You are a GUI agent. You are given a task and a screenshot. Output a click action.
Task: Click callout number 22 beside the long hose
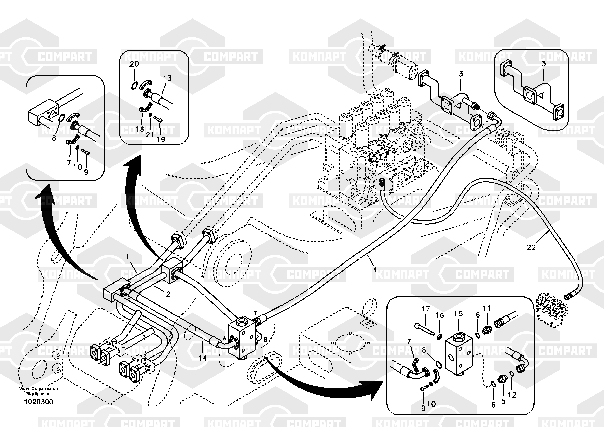(531, 247)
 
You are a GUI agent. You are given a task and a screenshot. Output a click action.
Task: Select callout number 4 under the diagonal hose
(375, 269)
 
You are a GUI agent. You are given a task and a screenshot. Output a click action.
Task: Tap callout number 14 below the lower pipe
(202, 358)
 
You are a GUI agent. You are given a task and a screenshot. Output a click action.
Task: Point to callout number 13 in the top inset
(167, 78)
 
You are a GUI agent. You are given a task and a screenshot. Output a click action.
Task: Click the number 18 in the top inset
(140, 129)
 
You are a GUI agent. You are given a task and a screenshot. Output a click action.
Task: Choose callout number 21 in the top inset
(150, 134)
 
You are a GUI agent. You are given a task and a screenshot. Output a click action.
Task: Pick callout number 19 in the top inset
(161, 139)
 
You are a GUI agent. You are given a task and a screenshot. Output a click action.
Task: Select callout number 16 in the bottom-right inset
(440, 315)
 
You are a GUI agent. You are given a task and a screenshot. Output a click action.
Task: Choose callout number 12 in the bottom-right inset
(512, 395)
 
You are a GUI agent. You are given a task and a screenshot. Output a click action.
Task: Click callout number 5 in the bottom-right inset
(503, 401)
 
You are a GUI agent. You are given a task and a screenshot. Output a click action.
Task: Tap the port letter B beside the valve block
(265, 340)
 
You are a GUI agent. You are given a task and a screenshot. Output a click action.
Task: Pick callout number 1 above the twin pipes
(128, 256)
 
